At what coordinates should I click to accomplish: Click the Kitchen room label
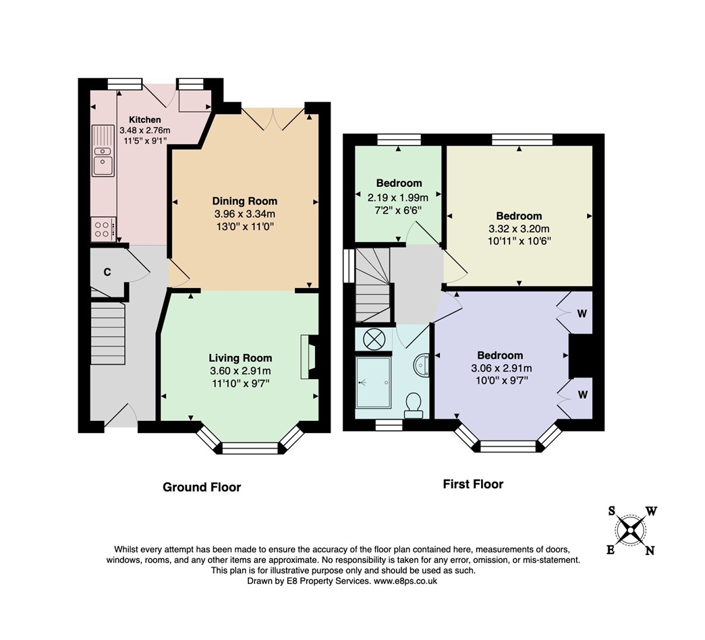click(x=145, y=119)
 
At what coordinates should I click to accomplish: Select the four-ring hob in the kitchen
click(x=103, y=229)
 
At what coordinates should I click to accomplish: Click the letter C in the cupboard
click(x=107, y=272)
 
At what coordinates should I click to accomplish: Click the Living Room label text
click(x=240, y=358)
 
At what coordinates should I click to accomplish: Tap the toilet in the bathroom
click(x=413, y=403)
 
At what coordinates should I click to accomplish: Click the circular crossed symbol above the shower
click(x=373, y=339)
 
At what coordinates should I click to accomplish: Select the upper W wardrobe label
click(x=582, y=313)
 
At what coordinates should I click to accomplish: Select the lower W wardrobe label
click(x=582, y=392)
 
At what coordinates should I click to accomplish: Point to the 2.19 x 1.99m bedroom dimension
click(x=398, y=198)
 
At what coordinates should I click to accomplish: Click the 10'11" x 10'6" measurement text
click(x=519, y=241)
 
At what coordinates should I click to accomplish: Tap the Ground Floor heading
click(x=202, y=487)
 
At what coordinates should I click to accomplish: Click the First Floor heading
click(x=473, y=484)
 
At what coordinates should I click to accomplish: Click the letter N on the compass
click(x=650, y=550)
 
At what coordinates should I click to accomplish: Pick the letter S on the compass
click(x=612, y=511)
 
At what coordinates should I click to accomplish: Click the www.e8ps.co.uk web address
click(x=406, y=581)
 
